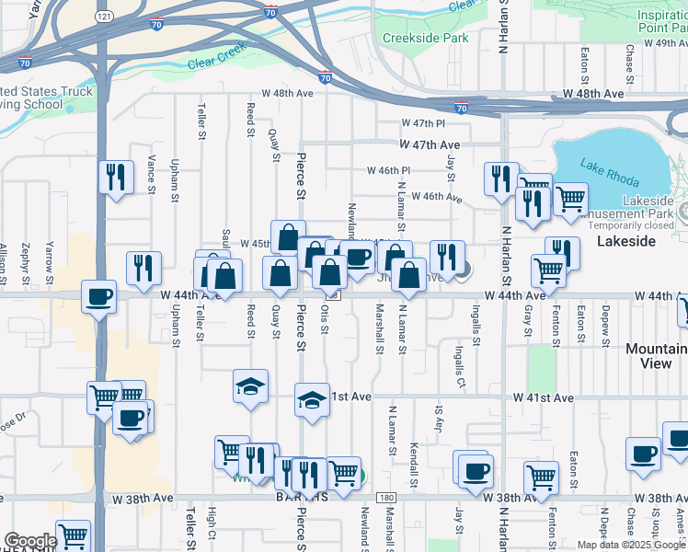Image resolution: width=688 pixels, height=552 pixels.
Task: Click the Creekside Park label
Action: coord(425,38)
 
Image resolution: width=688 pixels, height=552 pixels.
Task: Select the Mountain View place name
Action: coord(656,356)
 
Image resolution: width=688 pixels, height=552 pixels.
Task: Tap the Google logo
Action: coord(29,541)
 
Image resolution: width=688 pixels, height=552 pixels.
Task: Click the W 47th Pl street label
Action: coord(423,123)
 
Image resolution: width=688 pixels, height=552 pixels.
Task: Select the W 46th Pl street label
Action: coord(388,170)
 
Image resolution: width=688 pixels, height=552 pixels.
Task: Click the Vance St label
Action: coord(151,175)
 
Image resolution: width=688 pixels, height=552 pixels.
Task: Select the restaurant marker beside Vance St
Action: coord(115,176)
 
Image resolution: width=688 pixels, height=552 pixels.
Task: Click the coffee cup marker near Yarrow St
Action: coord(98,297)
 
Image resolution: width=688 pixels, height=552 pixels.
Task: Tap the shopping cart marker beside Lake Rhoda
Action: coord(570,197)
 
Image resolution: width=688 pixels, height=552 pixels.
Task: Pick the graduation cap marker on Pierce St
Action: coord(313,399)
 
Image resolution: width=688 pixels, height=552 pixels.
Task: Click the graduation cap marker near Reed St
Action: coord(249,386)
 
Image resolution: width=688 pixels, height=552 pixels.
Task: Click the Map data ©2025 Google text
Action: coord(630,545)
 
